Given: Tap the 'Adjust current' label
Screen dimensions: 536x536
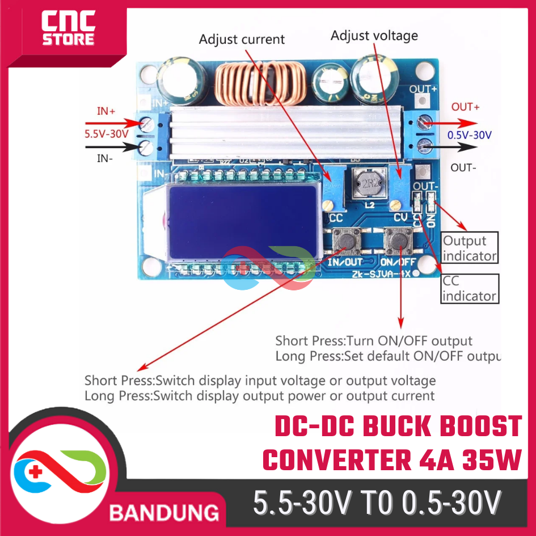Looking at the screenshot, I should coord(242,40).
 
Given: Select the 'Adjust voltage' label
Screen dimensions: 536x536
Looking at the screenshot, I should coord(374,35).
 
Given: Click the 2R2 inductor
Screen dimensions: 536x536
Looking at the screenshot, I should coord(369,183).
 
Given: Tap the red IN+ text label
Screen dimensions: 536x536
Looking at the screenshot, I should coord(106,112).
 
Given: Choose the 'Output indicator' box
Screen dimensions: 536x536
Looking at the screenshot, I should coord(469,248).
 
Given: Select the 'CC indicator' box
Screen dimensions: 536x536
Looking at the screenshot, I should coord(469,288).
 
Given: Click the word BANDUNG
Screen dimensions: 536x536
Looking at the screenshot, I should coord(164,513).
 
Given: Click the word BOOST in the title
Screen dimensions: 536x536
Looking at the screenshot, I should coord(479,427).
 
